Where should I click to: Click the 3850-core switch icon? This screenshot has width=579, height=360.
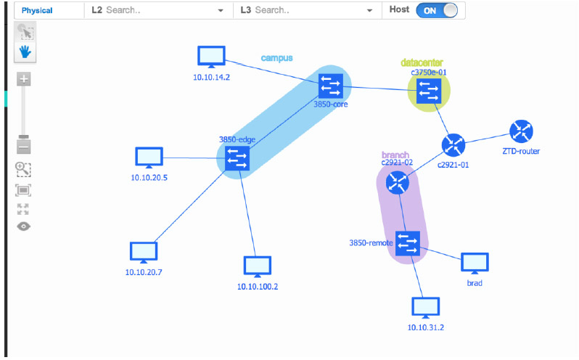(331, 87)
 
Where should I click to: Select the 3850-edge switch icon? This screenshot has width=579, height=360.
(237, 157)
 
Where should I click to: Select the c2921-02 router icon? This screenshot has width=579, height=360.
(398, 183)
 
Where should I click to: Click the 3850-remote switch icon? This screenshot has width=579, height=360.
(408, 243)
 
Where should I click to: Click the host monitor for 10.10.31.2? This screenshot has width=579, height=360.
(425, 308)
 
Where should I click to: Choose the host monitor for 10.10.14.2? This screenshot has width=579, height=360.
(212, 57)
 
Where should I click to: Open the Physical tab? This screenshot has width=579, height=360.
(37, 11)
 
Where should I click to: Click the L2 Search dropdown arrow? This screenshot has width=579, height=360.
(221, 11)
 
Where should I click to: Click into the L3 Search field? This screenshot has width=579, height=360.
(305, 11)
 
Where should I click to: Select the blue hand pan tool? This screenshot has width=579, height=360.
(25, 52)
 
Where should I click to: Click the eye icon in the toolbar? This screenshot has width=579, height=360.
(24, 226)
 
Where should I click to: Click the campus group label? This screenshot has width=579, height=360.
(276, 57)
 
